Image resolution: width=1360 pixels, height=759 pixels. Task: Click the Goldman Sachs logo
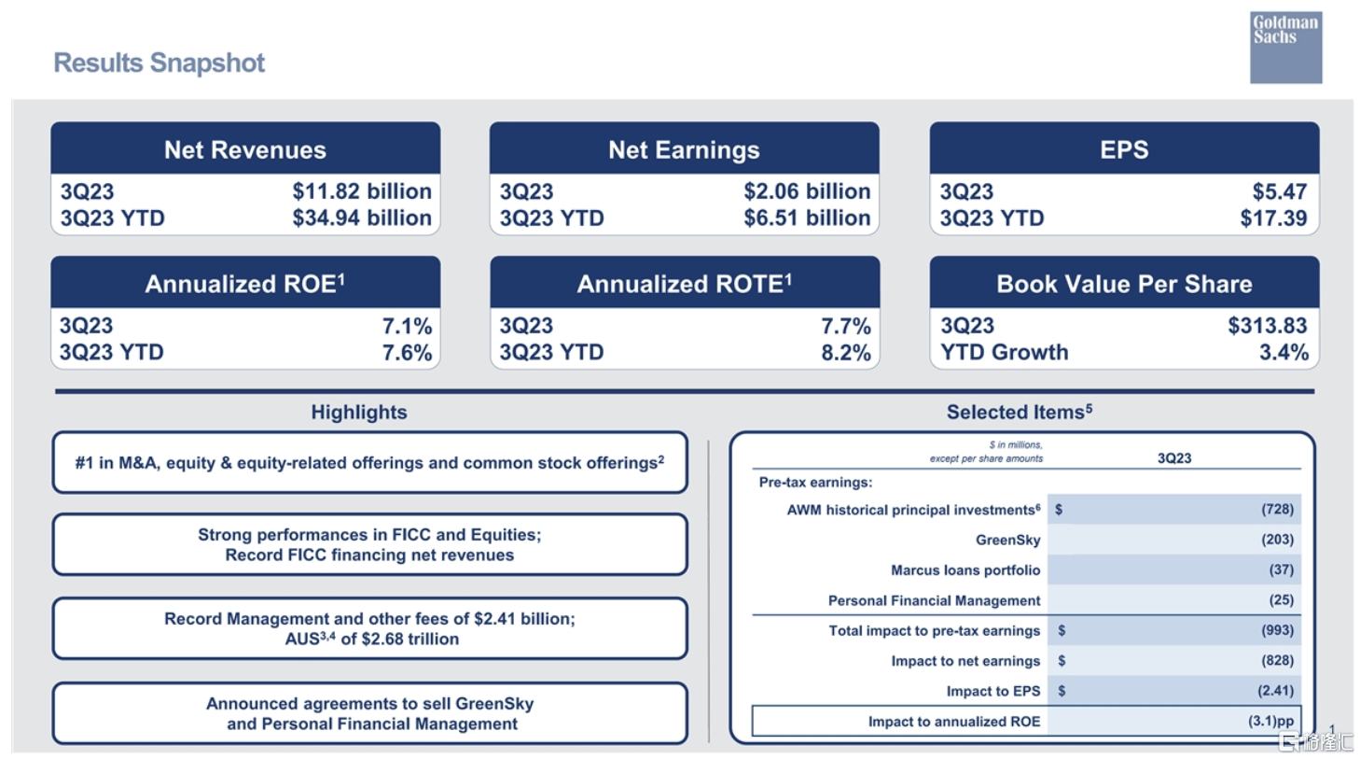pos(1284,47)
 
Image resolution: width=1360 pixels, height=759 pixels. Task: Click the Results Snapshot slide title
pos(159,63)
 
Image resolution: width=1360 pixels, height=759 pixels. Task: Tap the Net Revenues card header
pos(245,149)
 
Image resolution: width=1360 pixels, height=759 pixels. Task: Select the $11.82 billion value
pos(362,191)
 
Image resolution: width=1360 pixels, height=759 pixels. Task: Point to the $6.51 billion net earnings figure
pos(807,218)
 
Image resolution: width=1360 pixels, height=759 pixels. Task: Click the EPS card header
pos(1124,149)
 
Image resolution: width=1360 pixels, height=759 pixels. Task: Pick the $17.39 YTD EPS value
pos(1273,218)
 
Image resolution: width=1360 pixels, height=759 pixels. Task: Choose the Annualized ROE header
pos(245,284)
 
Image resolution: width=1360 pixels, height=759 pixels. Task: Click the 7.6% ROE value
pos(408,353)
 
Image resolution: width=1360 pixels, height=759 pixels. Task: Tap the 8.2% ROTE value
pos(846,353)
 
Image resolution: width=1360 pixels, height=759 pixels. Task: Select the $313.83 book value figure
pos(1267,326)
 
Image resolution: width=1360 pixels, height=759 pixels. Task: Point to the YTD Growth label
pos(1005,353)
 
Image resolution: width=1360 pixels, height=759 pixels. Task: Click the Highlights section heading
pos(359,413)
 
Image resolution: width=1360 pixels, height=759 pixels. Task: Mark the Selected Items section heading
pos(1019,413)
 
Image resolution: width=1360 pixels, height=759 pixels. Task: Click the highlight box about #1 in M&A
pos(369,463)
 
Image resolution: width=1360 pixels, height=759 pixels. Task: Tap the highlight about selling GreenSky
pos(369,714)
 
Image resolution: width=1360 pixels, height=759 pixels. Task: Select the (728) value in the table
pos(1277,510)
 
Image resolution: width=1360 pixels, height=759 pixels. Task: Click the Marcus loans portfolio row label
pos(964,570)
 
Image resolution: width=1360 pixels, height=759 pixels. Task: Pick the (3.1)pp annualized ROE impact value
pos(1270,722)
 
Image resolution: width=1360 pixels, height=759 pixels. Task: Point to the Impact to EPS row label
pos(992,692)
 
